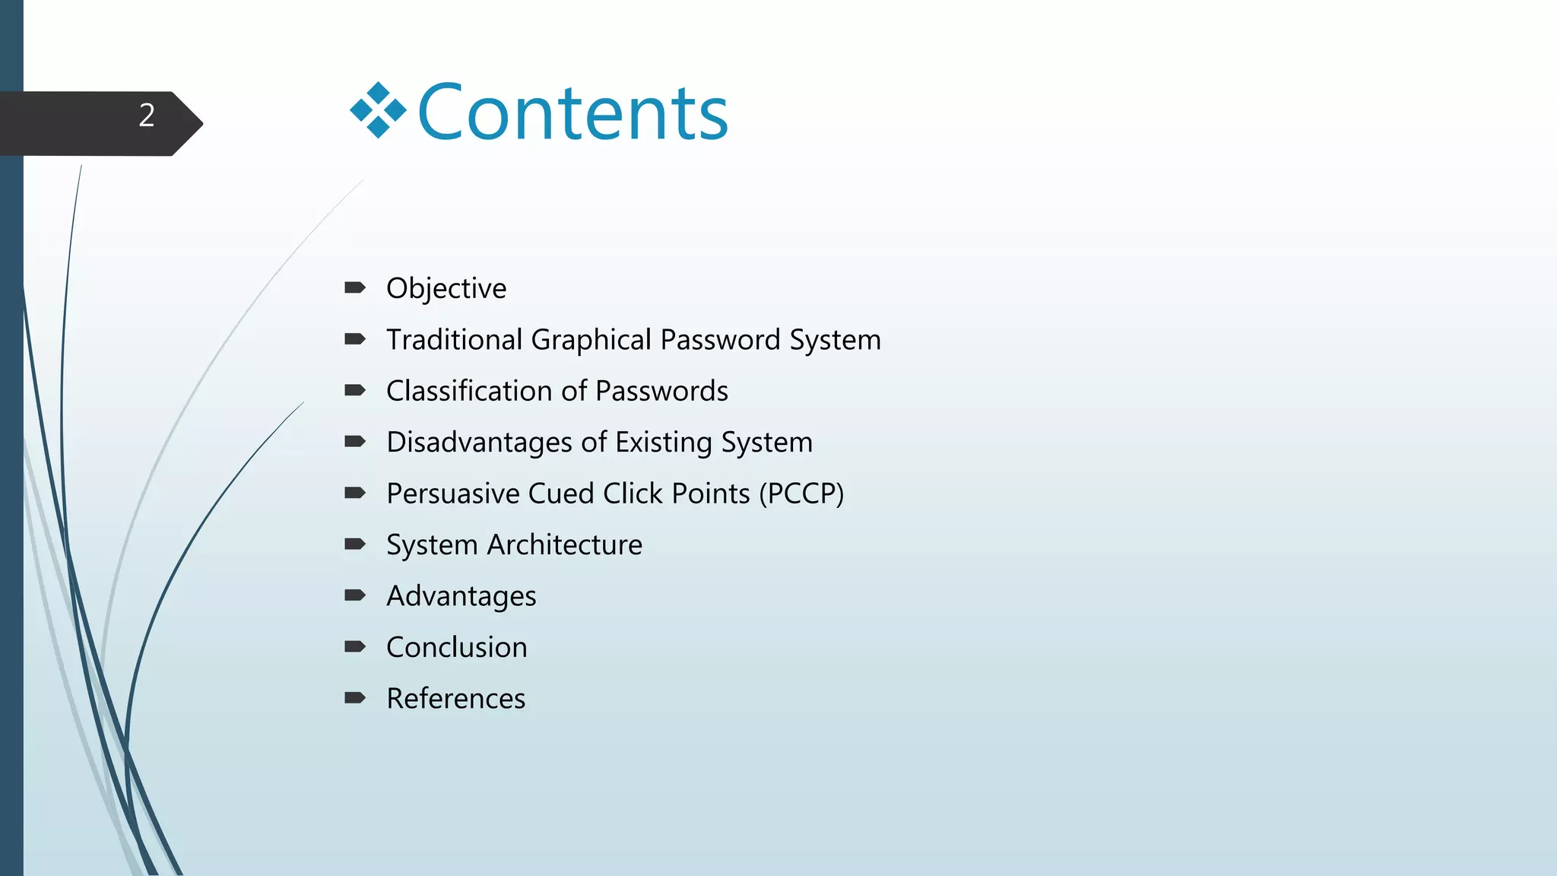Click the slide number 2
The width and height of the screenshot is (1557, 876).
click(147, 116)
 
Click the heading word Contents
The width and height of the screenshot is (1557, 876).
click(572, 113)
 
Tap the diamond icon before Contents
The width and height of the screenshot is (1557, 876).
click(378, 110)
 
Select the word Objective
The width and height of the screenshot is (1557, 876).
click(446, 289)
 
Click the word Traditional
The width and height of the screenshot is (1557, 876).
click(454, 340)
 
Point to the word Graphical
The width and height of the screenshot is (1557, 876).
click(591, 340)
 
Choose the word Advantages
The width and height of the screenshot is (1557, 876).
click(461, 596)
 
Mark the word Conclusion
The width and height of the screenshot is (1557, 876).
click(457, 647)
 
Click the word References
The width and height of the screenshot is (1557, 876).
click(456, 699)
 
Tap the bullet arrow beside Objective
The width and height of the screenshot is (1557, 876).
click(355, 287)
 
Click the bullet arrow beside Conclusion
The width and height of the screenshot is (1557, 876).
click(355, 646)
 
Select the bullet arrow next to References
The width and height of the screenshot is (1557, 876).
click(355, 698)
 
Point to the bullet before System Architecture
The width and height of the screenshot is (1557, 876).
click(355, 544)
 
